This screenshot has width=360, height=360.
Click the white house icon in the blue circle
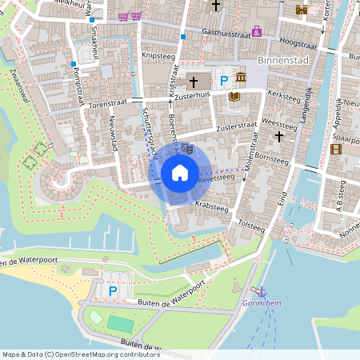[180, 172]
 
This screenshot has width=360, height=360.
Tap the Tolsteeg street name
[251, 225]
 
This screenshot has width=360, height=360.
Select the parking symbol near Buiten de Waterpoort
[113, 291]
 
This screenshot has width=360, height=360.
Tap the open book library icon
[234, 97]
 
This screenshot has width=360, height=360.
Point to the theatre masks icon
[187, 148]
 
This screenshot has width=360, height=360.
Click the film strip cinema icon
[336, 149]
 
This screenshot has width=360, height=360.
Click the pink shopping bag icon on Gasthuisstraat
[256, 31]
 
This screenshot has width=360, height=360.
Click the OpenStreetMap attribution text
[70, 354]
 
